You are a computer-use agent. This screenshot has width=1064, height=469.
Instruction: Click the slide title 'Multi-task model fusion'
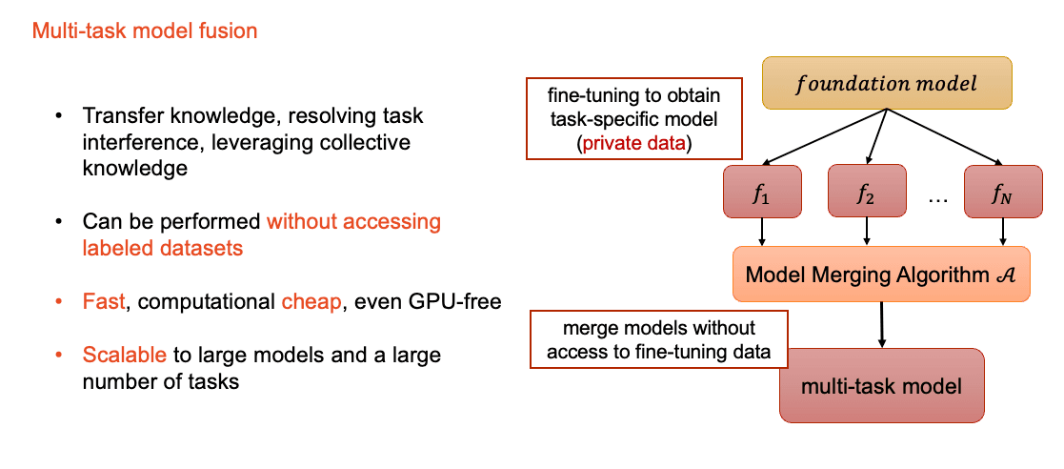point(145,31)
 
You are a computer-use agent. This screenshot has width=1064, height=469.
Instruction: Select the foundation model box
point(887,84)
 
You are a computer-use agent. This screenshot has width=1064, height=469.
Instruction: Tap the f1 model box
point(762,192)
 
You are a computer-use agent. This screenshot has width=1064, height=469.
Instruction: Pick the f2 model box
point(867,192)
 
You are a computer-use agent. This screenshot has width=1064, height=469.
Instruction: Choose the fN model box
point(1003,192)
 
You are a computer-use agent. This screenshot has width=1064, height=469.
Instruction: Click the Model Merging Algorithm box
point(881,275)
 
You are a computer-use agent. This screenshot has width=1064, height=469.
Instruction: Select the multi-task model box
point(881,385)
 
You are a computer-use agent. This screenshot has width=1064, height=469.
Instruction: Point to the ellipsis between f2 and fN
point(934,201)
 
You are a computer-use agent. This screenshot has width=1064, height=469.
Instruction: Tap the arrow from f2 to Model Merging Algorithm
point(867,233)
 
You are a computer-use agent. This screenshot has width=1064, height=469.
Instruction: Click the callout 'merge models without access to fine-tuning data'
point(659,339)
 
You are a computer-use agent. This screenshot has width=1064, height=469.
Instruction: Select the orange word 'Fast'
point(104,300)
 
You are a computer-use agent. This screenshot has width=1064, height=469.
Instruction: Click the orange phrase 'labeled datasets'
point(162,248)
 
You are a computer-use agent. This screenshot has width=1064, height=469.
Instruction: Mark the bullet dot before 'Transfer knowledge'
point(60,116)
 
